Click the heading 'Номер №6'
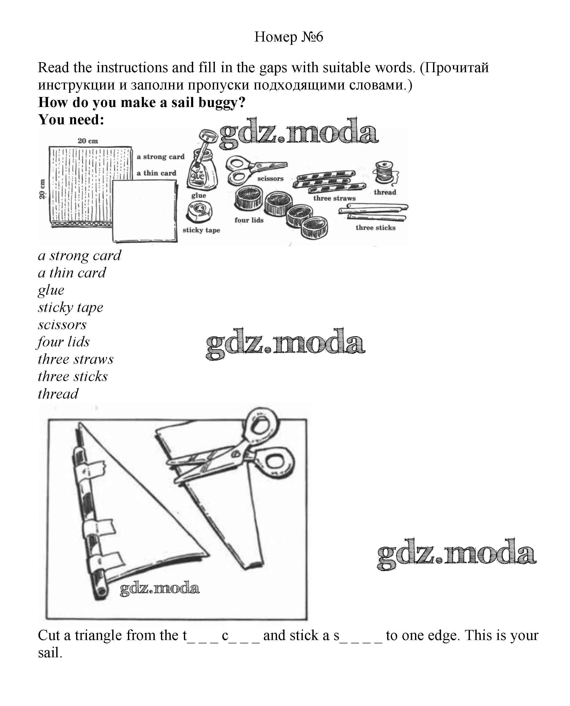tap(289, 37)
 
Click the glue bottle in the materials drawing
tap(202, 171)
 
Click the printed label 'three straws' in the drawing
tap(334, 198)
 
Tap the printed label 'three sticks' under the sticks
tap(375, 228)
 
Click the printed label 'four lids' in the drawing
tap(249, 220)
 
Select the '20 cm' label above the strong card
tap(88, 141)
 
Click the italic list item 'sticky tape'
tap(70, 308)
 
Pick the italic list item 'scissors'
tap(62, 325)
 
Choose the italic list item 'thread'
tap(58, 394)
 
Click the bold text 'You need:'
tap(71, 119)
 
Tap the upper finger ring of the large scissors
tap(261, 424)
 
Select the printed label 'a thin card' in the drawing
tap(156, 173)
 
